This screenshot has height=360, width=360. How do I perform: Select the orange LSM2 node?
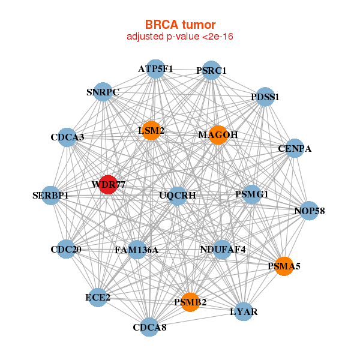151,130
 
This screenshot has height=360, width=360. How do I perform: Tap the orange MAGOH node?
218,136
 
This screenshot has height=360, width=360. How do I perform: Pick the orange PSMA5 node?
284,265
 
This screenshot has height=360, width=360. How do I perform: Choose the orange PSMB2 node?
190,302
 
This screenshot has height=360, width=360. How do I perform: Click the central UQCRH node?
177,195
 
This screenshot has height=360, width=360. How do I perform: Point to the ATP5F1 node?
155,69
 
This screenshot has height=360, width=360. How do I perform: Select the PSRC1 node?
211,71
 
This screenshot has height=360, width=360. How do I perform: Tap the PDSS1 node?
265,97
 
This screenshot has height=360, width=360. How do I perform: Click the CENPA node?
294,148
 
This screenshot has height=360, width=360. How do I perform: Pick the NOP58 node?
309,211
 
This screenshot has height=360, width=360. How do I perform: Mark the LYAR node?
244,312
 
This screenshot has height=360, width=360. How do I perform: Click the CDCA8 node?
150,327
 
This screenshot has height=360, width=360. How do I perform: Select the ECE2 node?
97,297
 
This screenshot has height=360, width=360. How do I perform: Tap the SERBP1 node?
51,196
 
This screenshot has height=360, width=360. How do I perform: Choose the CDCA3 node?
67,137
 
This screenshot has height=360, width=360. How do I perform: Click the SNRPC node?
103,92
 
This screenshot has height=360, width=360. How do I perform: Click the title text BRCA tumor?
180,25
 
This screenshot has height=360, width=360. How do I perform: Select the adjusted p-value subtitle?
180,37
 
